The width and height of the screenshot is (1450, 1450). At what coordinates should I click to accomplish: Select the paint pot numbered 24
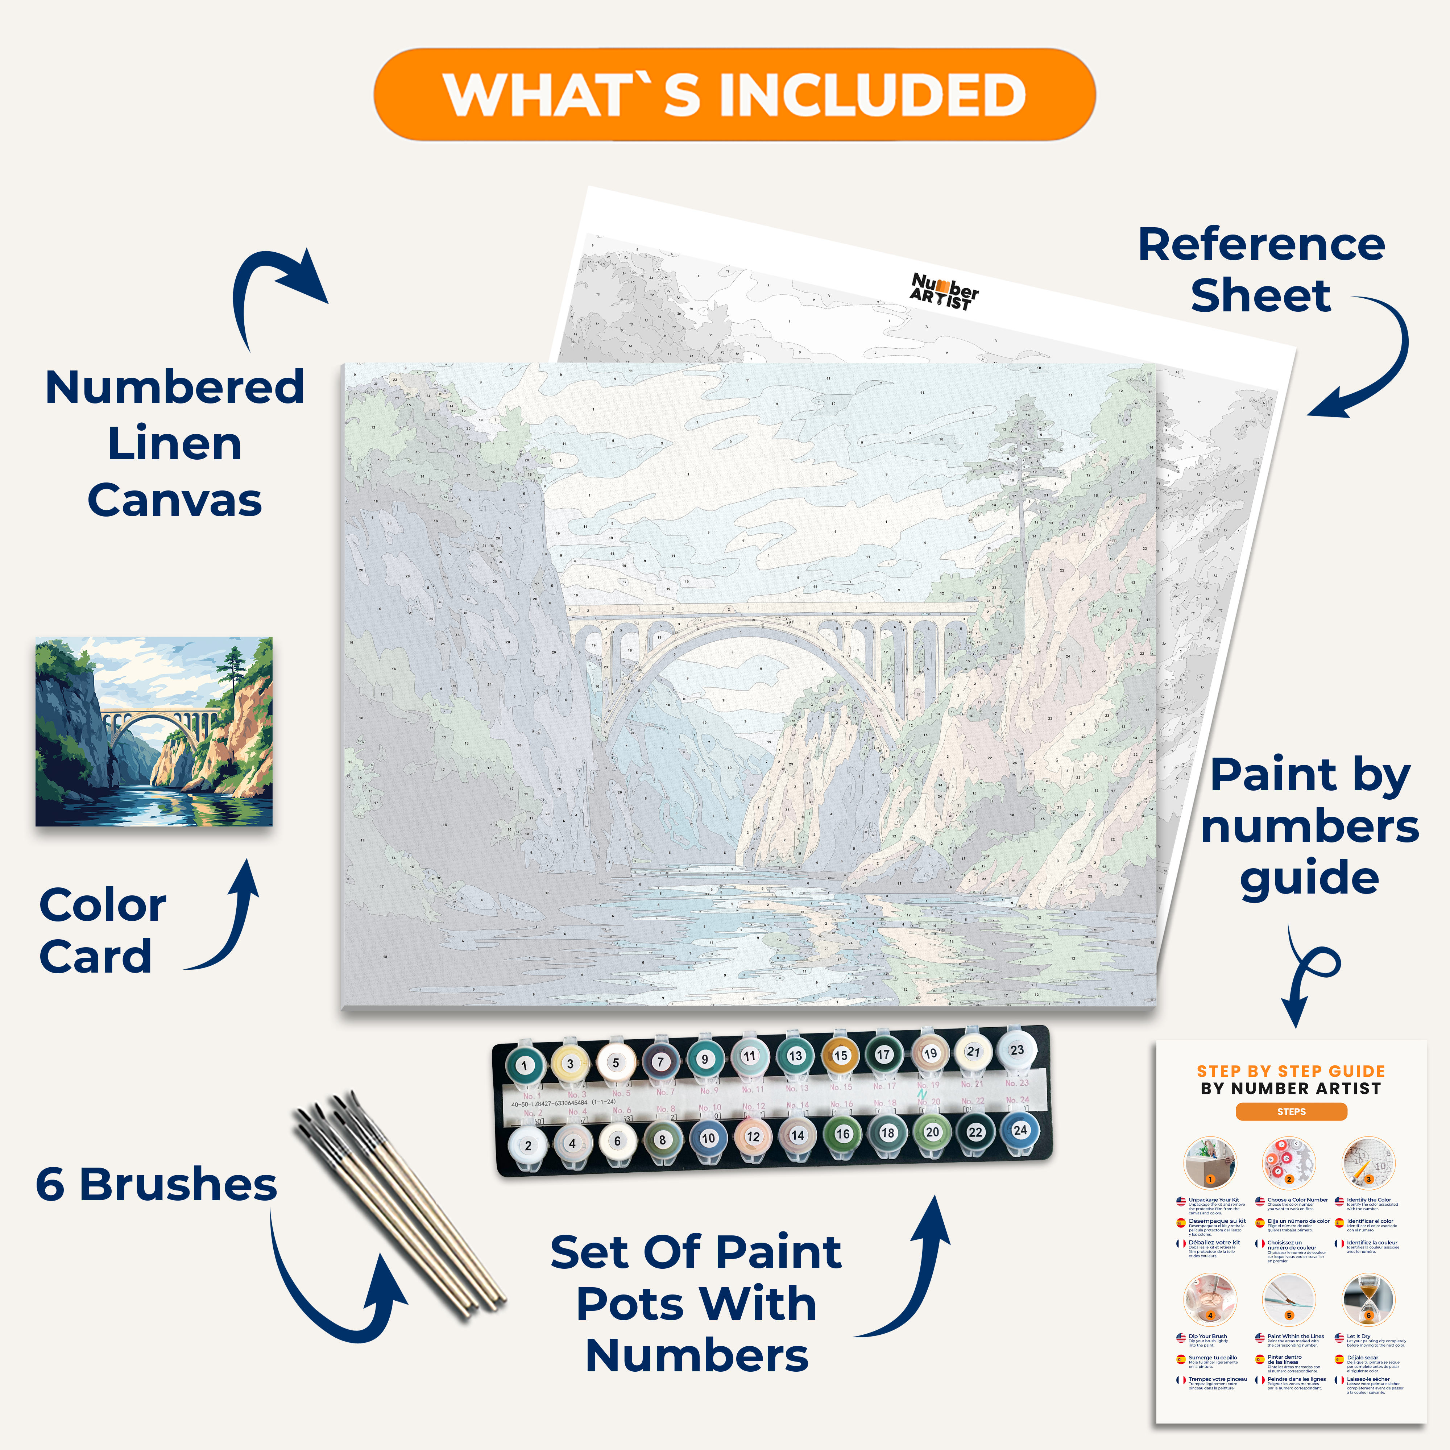click(x=1020, y=1130)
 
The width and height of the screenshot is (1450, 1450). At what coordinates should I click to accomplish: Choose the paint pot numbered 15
click(x=841, y=1055)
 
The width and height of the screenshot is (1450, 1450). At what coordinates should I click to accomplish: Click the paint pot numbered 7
click(x=660, y=1062)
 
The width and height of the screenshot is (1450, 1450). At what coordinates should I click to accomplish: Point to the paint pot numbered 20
click(x=932, y=1132)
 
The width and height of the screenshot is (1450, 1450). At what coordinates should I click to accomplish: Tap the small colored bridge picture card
click(x=154, y=732)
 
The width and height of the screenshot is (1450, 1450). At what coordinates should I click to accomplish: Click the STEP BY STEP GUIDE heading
click(x=1291, y=1071)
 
